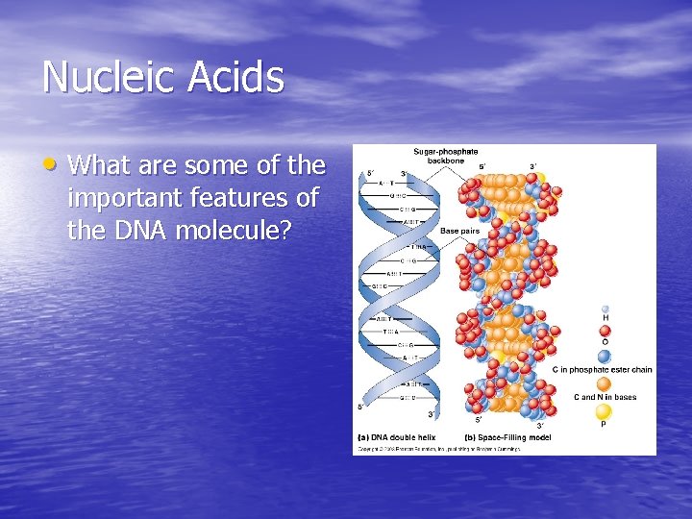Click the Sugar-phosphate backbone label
(445, 156)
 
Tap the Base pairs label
(459, 231)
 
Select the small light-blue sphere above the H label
(605, 309)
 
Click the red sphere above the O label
(605, 330)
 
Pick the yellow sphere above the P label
(604, 411)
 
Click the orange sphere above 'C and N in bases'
(604, 383)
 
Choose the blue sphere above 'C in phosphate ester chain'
(604, 356)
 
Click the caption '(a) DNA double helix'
(397, 437)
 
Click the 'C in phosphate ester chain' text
(602, 369)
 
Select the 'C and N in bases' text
(605, 397)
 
